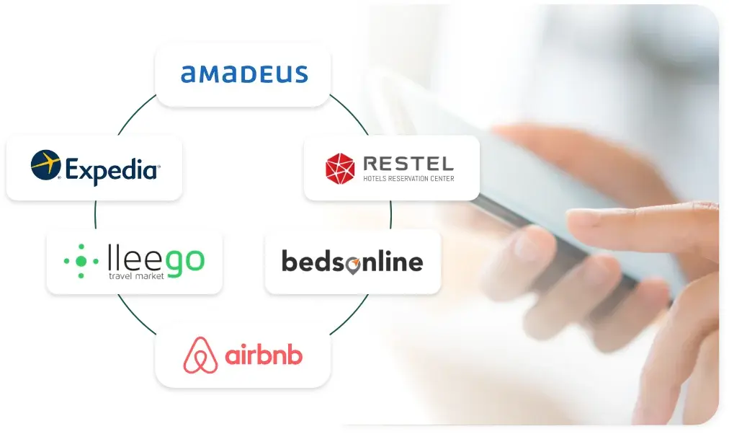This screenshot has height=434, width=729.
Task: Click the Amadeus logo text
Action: [244, 74]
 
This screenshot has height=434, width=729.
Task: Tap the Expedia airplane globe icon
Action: [45, 164]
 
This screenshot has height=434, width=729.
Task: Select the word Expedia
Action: [112, 170]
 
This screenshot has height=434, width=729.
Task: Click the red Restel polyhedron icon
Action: [340, 169]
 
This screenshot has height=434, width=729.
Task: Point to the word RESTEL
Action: [408, 164]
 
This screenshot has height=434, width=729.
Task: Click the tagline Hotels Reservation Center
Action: [408, 179]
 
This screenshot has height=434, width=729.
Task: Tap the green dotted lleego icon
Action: [81, 262]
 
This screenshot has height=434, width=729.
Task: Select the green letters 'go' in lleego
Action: [186, 263]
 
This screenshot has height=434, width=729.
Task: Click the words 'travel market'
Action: [136, 276]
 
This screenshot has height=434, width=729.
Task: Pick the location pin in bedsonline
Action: [353, 265]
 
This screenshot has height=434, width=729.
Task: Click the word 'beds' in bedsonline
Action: [313, 261]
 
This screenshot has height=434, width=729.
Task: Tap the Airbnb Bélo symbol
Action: [200, 355]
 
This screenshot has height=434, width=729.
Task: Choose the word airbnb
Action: [264, 355]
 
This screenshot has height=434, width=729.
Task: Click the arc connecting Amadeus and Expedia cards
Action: [135, 112]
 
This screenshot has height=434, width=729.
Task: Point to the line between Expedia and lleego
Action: [95, 215]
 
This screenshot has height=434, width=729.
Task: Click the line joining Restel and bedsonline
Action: [390, 215]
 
